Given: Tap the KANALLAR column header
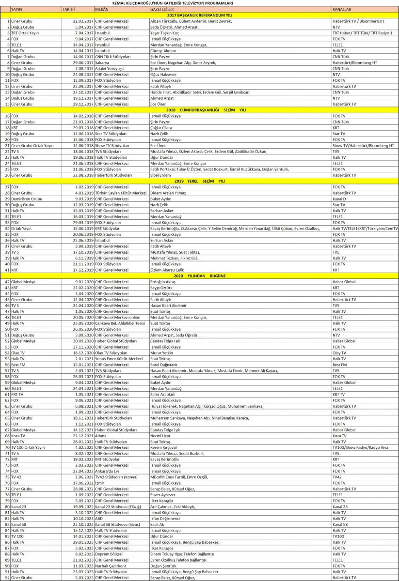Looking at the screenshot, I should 342,9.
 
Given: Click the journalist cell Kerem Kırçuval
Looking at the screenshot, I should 165,447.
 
